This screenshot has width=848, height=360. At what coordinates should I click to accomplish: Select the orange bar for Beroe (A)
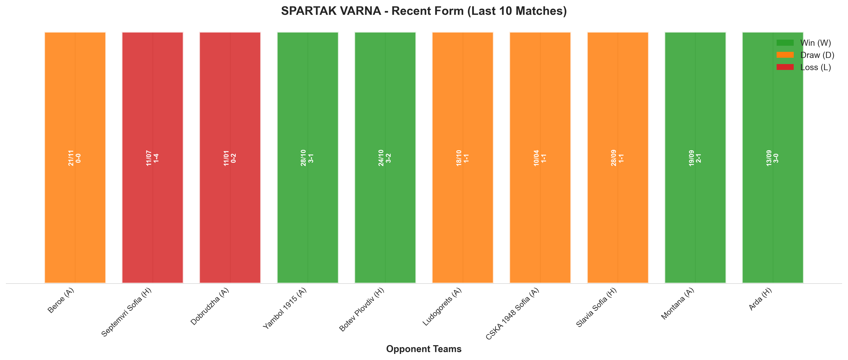coord(75,157)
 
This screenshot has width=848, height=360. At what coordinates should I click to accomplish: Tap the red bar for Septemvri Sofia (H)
coord(152,157)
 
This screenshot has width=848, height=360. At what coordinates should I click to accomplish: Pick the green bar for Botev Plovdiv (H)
coord(385,157)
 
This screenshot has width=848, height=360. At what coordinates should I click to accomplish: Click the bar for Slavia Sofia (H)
coord(618,157)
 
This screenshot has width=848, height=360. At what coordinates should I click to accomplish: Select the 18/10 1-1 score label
coord(462,158)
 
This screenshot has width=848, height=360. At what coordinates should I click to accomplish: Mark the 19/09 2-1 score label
coord(695,158)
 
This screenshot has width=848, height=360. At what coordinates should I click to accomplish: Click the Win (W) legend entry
coord(803,43)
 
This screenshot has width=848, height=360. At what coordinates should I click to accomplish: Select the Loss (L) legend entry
coord(803,67)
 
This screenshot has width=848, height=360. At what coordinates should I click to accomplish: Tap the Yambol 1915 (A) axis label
coord(285,308)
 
